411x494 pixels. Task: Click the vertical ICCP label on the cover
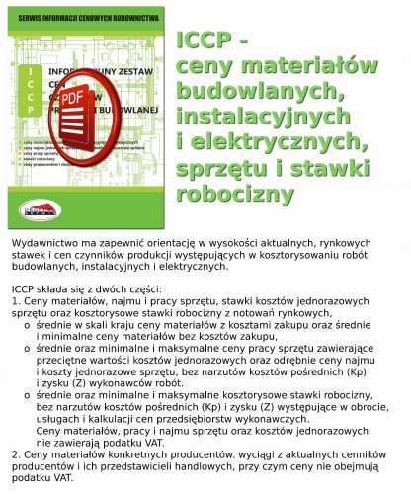pyautogui.click(x=33, y=98)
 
